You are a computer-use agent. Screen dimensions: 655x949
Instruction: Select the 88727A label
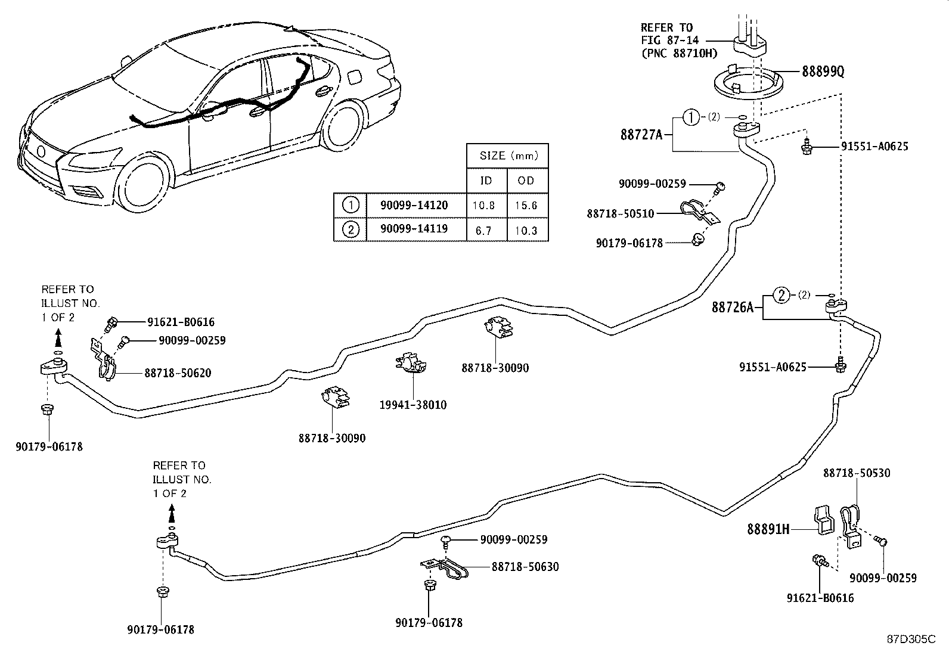coord(641,135)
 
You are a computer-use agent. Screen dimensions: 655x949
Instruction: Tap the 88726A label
coord(733,308)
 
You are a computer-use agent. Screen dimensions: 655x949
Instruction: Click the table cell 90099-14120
coord(414,205)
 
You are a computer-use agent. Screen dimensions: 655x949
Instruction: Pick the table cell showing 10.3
coord(526,229)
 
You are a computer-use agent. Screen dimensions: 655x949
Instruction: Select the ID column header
coord(486,181)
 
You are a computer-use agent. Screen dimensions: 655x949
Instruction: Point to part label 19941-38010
coord(413,405)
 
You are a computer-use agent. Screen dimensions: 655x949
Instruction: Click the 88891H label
coord(768,529)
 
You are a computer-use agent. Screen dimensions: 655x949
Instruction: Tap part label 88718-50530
coord(857,473)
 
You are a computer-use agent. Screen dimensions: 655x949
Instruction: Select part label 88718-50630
coord(525,566)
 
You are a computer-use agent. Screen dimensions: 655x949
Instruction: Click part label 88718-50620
coord(178,373)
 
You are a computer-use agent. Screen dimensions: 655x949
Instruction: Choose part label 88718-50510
coord(620,213)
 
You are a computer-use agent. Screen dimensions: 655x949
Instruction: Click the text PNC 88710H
coord(679,53)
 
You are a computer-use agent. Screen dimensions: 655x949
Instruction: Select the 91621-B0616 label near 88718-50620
coord(181,322)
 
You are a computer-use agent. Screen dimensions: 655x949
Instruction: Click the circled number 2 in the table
coord(351,229)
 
